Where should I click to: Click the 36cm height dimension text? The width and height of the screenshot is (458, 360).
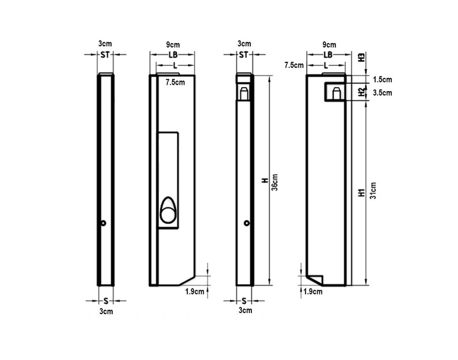[x=275, y=182]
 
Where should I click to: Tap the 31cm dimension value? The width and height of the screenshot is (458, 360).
[x=373, y=191]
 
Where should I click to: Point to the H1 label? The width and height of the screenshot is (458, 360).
[x=362, y=193]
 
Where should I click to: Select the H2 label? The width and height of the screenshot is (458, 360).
[x=362, y=92]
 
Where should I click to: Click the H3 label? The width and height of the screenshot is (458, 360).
[x=362, y=57]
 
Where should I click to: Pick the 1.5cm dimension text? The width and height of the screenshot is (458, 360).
[x=382, y=79]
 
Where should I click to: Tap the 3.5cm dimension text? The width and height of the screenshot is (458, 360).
[x=382, y=93]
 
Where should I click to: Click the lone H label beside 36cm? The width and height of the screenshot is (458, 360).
[x=265, y=180]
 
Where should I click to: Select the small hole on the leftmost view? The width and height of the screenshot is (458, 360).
[x=103, y=223]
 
